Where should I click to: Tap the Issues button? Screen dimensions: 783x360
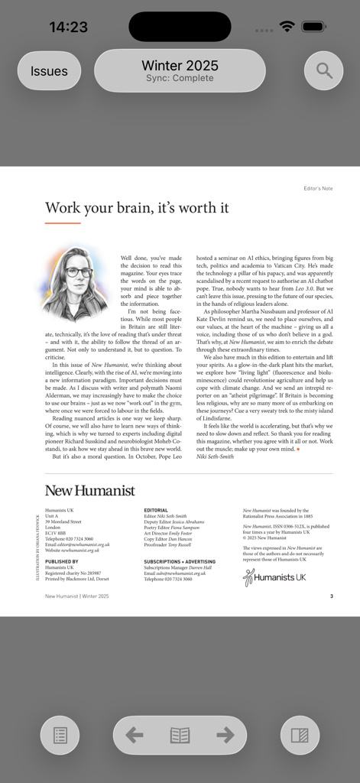(49, 71)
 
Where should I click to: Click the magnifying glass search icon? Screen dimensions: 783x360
(324, 71)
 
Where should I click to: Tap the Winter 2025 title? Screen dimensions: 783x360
(180, 66)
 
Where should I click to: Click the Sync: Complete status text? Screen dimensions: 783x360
(180, 79)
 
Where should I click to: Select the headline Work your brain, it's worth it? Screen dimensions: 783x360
(137, 208)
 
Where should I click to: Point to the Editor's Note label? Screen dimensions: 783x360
(318, 188)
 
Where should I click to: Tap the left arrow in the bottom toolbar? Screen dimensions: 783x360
(135, 735)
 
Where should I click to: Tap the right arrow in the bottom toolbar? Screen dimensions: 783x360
(225, 735)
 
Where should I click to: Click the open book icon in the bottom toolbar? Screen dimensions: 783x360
(180, 735)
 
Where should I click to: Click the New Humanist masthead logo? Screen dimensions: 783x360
(89, 491)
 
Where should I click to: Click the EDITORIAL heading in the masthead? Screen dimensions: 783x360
(156, 510)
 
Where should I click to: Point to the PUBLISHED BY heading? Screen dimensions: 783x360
(62, 561)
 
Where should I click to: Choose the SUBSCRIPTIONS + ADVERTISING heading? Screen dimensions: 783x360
(179, 561)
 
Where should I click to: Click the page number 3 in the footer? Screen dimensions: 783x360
(331, 596)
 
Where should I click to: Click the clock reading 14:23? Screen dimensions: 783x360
(69, 27)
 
